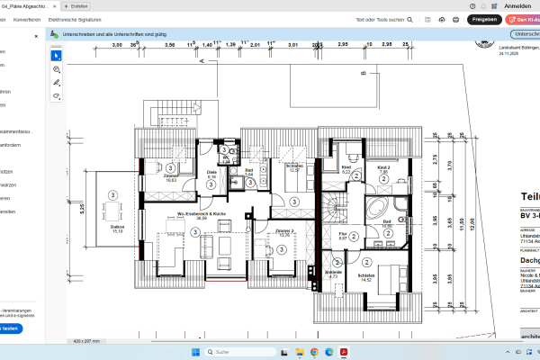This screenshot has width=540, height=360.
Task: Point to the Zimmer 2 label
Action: (x=285, y=232)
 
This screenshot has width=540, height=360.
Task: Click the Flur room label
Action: (x=343, y=236)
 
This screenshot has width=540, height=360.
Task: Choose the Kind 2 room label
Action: (x=383, y=169)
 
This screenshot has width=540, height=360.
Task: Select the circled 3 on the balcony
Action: (x=114, y=193)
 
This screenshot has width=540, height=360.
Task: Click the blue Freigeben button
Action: (x=484, y=19)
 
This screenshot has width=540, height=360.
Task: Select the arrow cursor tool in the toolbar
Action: (x=56, y=55)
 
